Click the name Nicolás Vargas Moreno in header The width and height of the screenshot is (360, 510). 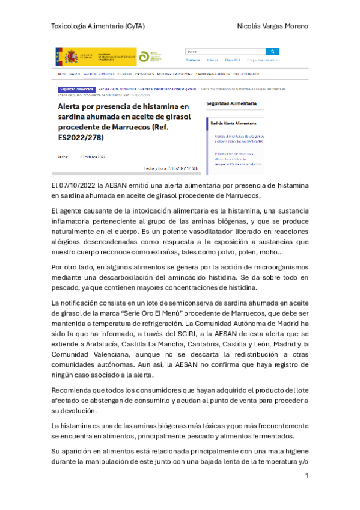pos(273,26)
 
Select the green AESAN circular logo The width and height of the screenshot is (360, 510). pos(144,57)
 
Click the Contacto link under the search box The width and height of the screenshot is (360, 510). pos(192,60)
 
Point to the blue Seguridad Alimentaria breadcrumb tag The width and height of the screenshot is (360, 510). pos(75,88)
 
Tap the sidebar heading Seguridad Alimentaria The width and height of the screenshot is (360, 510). pos(231,104)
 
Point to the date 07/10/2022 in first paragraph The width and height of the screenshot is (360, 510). pos(80,186)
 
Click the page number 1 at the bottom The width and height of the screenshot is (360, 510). pos(307,476)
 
